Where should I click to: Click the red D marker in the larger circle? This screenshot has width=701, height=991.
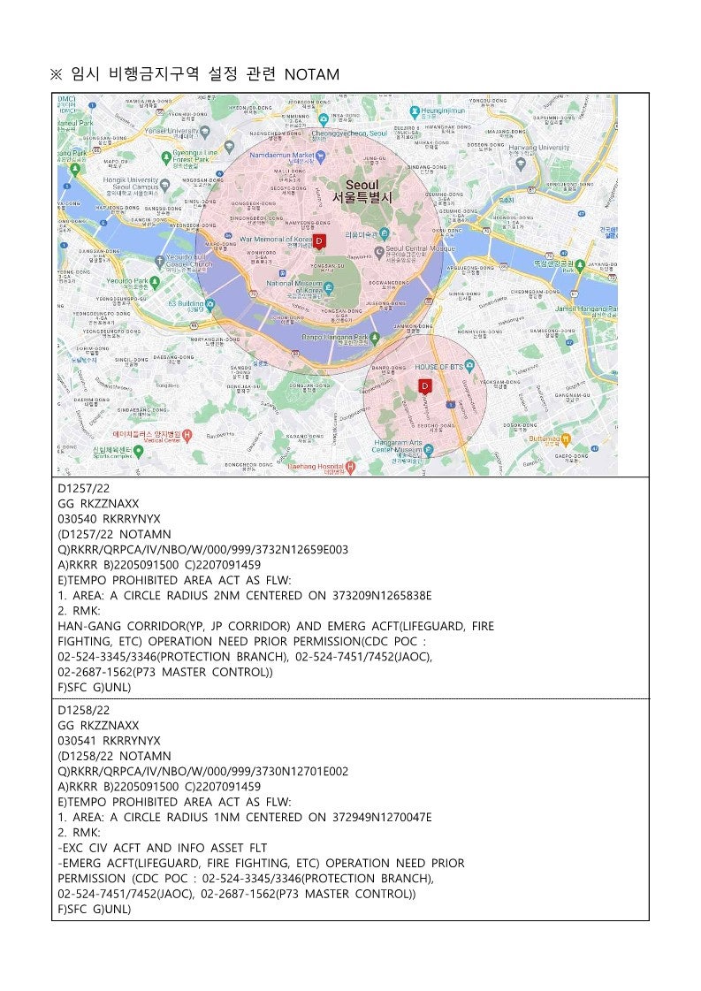click(x=320, y=240)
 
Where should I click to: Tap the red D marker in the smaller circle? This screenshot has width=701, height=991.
click(x=424, y=385)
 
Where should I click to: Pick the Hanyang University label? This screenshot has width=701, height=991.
click(x=539, y=148)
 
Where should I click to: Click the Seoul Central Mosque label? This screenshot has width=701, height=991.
click(x=419, y=250)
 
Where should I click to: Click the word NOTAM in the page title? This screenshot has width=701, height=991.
click(x=312, y=75)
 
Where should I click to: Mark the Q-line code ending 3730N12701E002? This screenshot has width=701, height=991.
click(x=203, y=771)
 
